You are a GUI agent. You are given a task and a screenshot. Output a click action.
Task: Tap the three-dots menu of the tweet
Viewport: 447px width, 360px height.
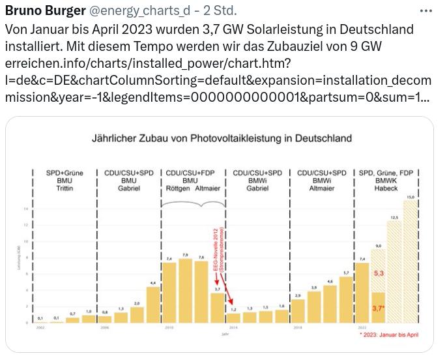click(x=426, y=11)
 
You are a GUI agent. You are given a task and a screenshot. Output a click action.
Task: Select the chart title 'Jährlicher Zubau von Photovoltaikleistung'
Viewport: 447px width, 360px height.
click(x=222, y=138)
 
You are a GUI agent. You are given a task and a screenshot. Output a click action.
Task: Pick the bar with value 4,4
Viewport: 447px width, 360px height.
click(x=153, y=305)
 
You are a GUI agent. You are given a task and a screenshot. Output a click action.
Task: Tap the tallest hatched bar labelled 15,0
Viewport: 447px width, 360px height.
click(x=411, y=261)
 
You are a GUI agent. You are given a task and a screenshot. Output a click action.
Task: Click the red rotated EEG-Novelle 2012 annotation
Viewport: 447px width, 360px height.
click(x=220, y=249)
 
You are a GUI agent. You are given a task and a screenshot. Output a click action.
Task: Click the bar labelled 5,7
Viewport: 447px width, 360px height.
click(x=346, y=299)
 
